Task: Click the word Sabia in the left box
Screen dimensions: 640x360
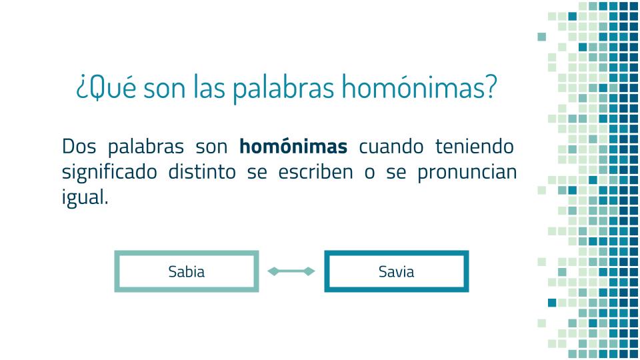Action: tap(187, 271)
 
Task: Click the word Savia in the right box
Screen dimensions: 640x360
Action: tap(396, 271)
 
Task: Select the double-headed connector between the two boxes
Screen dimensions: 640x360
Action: tap(291, 271)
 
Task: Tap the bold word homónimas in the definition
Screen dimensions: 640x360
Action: tap(293, 146)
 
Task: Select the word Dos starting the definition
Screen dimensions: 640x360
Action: tap(79, 146)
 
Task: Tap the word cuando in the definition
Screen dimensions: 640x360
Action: tap(391, 146)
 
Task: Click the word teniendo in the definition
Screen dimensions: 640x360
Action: tap(474, 146)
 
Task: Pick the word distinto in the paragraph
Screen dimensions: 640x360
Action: tap(202, 171)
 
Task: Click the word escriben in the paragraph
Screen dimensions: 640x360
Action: tap(315, 171)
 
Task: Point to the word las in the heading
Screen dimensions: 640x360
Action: tap(209, 87)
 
